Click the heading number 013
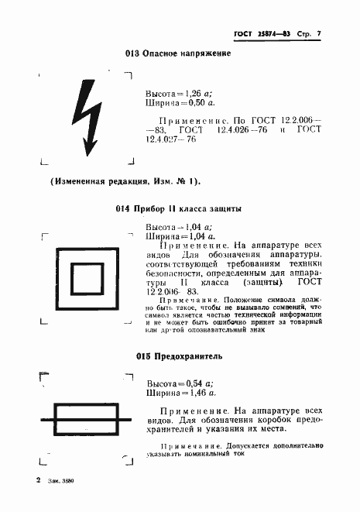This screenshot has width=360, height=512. tap(131, 53)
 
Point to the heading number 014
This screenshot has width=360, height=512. tap(122, 208)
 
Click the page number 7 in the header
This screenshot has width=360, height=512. tap(317, 33)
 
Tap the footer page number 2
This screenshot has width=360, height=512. tap(37, 480)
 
